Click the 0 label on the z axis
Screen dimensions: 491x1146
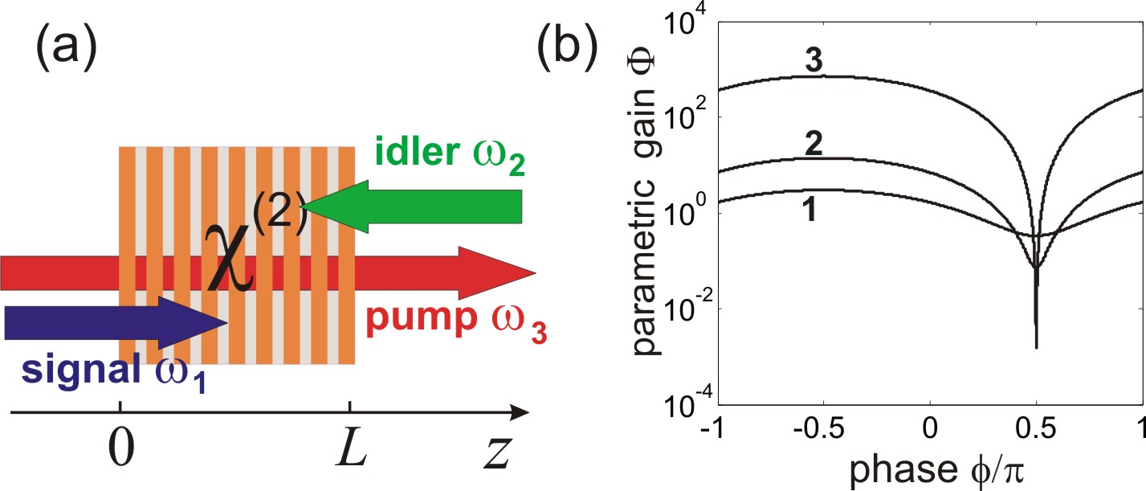coord(120,454)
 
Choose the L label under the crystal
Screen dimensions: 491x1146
coord(351,454)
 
